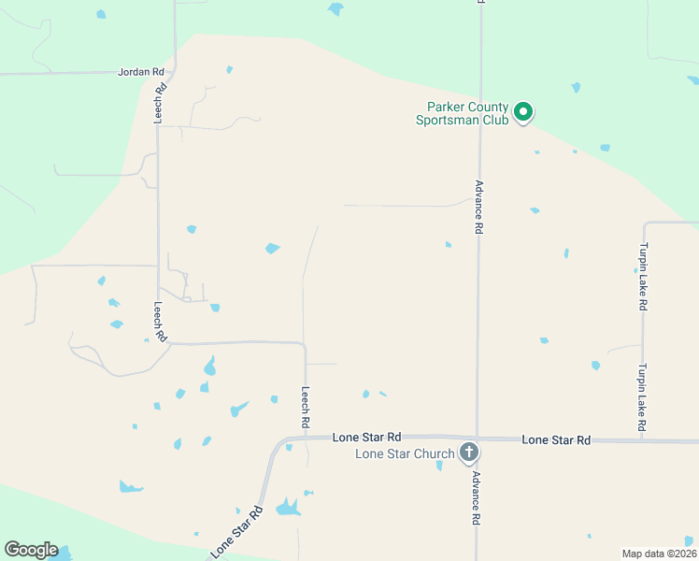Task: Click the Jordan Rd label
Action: tap(141, 71)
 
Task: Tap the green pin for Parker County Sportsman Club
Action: tap(524, 113)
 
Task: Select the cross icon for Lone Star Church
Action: tap(470, 453)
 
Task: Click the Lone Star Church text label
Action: tap(404, 454)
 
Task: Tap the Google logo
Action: tap(31, 550)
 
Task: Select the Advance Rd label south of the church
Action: tap(476, 497)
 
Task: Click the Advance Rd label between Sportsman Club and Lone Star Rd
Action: tap(478, 207)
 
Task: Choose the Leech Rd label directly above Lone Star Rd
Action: tap(306, 408)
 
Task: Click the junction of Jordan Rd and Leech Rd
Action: tap(175, 71)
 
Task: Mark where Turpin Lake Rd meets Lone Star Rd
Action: tap(643, 439)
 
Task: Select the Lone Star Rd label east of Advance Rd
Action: tap(556, 439)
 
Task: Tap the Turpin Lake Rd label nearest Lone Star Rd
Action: tap(643, 397)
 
